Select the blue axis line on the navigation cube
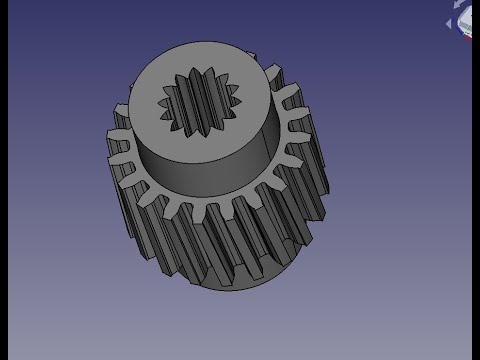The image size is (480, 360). pos(459,28)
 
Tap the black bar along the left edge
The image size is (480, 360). pos(4,180)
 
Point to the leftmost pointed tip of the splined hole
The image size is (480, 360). pos(159,100)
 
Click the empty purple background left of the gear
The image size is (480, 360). pos(60,200)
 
